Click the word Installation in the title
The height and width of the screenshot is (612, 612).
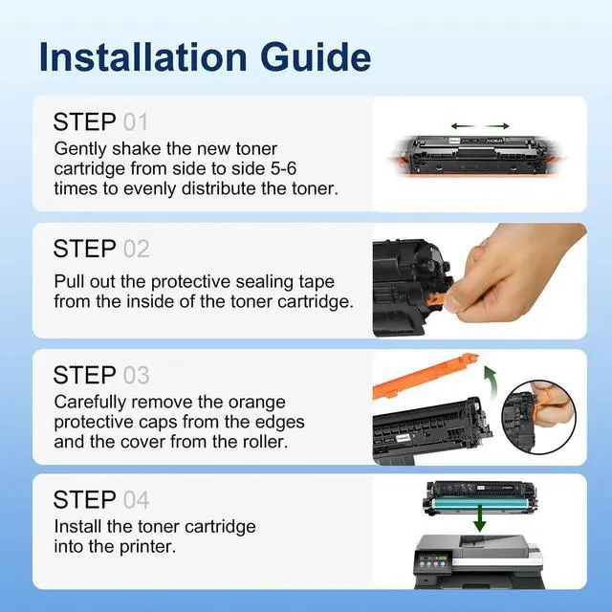click(x=143, y=57)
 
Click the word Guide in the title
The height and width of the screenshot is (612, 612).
click(x=316, y=57)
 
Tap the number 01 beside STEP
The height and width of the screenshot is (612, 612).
click(x=136, y=122)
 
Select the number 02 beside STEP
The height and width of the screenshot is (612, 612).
click(x=136, y=249)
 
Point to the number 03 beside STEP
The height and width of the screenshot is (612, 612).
click(x=136, y=376)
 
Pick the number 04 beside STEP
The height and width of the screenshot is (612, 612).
click(x=136, y=500)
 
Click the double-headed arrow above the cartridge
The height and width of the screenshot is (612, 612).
click(x=480, y=126)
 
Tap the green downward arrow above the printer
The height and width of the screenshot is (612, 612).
click(x=479, y=517)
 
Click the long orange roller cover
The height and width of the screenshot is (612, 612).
click(x=426, y=375)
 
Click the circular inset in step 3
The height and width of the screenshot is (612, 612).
click(x=538, y=417)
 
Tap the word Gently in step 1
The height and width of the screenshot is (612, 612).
click(x=80, y=149)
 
